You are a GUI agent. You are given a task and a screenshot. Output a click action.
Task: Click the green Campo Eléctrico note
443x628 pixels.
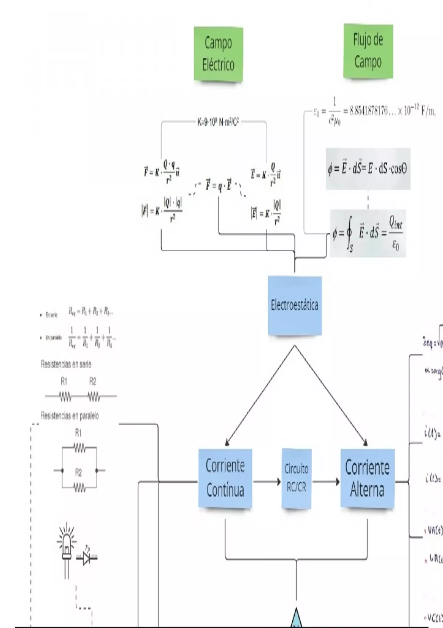pos(218,54)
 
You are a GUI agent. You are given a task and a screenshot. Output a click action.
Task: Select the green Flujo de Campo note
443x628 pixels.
pos(368,51)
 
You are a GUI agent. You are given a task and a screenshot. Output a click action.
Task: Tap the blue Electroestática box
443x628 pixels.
pos(295,306)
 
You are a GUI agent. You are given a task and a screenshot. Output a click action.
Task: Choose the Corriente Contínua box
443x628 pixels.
pos(225,478)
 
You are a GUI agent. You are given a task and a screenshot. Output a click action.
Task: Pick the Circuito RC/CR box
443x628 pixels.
pos(296,478)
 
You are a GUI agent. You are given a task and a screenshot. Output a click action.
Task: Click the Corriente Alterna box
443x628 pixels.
pos(367,478)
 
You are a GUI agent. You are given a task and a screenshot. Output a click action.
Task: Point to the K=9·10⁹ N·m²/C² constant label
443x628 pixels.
pos(218,122)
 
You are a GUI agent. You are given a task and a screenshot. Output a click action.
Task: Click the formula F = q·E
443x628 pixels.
pos(219,185)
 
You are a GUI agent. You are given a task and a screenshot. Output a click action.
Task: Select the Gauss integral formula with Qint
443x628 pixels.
pos(368,233)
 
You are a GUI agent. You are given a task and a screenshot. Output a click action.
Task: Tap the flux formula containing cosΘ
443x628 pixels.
pos(368,169)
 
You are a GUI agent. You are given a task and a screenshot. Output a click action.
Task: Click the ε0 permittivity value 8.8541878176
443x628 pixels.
pos(373,111)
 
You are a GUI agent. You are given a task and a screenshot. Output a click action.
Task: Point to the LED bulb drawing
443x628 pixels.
pos(67,547)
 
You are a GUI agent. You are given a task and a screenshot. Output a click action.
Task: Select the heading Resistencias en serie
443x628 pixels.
pos(66,365)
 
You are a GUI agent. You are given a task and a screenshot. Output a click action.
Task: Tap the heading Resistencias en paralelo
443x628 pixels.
pos(69,416)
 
